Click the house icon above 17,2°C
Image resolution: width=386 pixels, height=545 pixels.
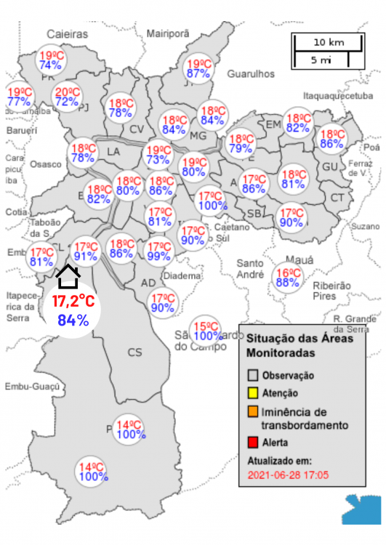tap(68, 276)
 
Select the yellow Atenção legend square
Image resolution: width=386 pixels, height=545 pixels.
tap(253, 394)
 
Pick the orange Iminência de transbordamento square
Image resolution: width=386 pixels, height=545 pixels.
tap(253, 413)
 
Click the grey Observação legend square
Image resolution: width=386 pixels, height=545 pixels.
tap(253, 376)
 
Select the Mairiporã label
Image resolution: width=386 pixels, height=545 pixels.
tap(167, 34)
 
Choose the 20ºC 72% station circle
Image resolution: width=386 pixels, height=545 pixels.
tap(67, 97)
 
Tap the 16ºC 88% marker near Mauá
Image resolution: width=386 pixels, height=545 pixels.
tap(288, 278)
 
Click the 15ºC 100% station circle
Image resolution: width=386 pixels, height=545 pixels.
tap(207, 331)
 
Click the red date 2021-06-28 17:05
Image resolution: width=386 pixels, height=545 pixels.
tap(288, 475)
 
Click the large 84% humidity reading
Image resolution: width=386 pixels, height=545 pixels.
tap(73, 320)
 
